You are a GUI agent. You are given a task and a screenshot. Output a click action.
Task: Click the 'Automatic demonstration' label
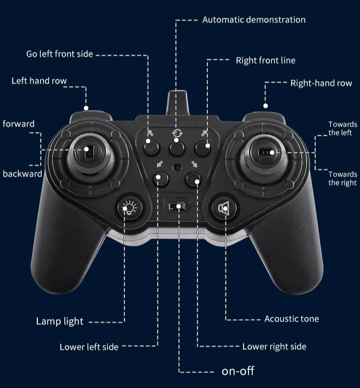[254, 20]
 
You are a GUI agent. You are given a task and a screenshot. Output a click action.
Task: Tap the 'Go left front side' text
[60, 54]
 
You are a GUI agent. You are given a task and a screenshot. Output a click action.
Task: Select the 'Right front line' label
[266, 60]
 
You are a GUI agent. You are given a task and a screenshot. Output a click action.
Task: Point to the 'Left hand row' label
[39, 81]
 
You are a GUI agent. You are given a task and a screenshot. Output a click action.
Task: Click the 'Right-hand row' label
[321, 83]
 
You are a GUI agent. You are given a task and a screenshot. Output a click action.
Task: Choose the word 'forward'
[19, 124]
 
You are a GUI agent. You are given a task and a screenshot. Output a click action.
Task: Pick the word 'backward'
[22, 174]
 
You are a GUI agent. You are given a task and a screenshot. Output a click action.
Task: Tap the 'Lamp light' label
[60, 321]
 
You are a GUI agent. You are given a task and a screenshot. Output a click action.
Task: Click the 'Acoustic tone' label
[292, 319]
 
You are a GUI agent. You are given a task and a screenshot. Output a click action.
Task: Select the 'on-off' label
[238, 371]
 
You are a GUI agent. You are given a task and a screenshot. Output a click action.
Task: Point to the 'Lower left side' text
[89, 347]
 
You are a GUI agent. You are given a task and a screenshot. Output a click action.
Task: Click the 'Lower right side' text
[274, 346]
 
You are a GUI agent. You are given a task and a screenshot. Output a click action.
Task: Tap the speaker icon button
[224, 208]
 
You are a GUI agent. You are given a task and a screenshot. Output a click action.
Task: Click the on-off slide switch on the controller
[177, 206]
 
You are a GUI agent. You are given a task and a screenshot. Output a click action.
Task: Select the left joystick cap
[89, 151]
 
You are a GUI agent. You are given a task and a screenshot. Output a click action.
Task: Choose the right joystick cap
[265, 152]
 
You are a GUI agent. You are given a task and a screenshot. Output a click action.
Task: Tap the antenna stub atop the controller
[177, 102]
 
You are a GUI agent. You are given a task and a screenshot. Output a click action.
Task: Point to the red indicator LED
[177, 168]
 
